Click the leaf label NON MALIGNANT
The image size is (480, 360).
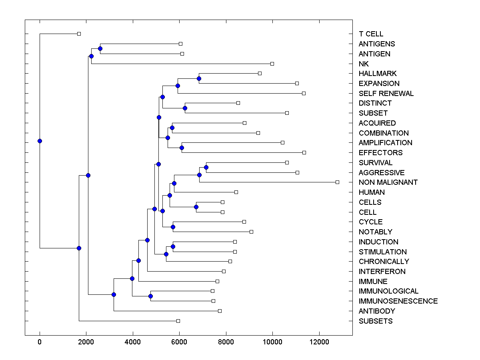click(388, 182)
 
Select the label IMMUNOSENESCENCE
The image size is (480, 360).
click(398, 301)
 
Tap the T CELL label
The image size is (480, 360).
click(371, 34)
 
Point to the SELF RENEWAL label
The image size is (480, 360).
click(386, 94)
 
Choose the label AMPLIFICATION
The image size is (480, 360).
click(385, 143)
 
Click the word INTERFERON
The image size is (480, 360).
click(382, 272)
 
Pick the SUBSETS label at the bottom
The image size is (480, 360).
click(376, 321)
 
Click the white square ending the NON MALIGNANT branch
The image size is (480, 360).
click(337, 182)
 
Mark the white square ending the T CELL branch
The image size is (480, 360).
click(79, 34)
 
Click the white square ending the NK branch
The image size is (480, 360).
click(272, 64)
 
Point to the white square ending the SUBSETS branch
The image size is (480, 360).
click(178, 321)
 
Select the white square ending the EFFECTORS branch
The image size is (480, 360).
click(304, 152)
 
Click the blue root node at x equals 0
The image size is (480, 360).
click(40, 141)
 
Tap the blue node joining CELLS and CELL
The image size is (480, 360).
click(196, 207)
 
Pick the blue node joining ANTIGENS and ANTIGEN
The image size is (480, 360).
click(100, 48)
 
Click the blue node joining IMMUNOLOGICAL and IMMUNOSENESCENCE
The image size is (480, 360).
click(150, 296)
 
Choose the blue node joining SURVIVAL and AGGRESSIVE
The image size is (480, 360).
click(206, 167)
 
